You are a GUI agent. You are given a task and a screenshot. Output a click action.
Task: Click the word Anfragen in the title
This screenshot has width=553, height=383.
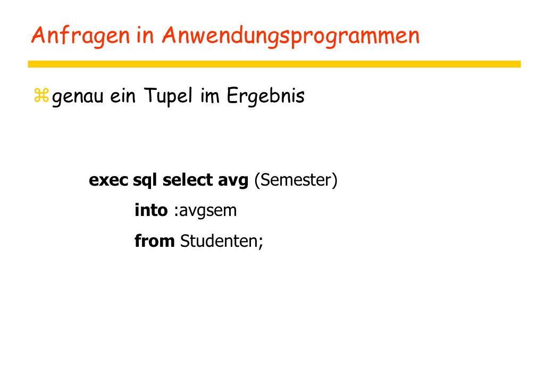pos(81,36)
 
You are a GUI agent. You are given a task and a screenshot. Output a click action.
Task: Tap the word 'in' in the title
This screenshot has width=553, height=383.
pos(145,35)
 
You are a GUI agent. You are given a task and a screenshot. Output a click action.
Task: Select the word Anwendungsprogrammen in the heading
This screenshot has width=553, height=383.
pos(291,36)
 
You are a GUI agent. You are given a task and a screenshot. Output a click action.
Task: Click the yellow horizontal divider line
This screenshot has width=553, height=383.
pos(274,64)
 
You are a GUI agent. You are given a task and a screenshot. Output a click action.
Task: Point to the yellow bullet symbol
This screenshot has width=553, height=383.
pos(41,95)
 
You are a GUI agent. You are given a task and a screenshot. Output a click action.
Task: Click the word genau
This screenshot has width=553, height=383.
pos(78,97)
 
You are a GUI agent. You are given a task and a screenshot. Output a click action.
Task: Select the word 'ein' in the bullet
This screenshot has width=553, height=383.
pos(122,95)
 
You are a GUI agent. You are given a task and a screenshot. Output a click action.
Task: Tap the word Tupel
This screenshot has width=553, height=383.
pos(169,96)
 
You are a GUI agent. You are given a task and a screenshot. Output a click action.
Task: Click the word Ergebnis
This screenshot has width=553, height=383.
pos(265,96)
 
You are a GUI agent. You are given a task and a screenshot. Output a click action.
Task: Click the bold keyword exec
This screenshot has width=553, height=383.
pos(108,180)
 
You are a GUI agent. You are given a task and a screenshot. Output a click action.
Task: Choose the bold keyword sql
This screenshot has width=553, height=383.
pos(145,180)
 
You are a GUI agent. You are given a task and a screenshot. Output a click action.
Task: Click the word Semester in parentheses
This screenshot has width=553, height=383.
pos(296,180)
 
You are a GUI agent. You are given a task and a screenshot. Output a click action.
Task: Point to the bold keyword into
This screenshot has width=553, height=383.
pos(151,210)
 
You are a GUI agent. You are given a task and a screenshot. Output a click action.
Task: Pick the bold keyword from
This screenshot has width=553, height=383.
pos(155,241)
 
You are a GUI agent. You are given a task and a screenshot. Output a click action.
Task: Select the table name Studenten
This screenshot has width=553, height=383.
pos(219,241)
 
